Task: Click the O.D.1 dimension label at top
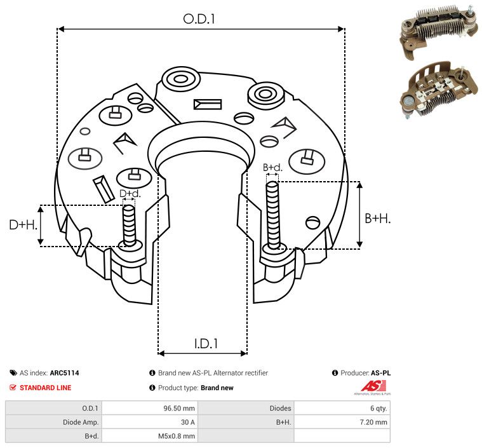point(199,19)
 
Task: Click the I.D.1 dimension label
point(206,343)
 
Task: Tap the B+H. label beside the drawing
point(377,219)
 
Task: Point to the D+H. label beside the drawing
point(23,225)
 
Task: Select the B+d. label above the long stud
point(272,167)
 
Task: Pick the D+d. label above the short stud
point(130,194)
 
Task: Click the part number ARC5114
point(65,373)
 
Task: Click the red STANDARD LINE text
point(46,388)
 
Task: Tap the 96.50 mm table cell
point(179,409)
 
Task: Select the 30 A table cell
point(188,422)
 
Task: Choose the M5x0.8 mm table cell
point(177,436)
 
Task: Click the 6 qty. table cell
point(378,409)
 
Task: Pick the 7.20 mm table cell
point(373,422)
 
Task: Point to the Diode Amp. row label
point(81,422)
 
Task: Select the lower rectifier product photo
point(439,90)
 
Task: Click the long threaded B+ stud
point(272,215)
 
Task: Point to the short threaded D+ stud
point(129,225)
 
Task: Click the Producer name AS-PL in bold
point(380,373)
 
